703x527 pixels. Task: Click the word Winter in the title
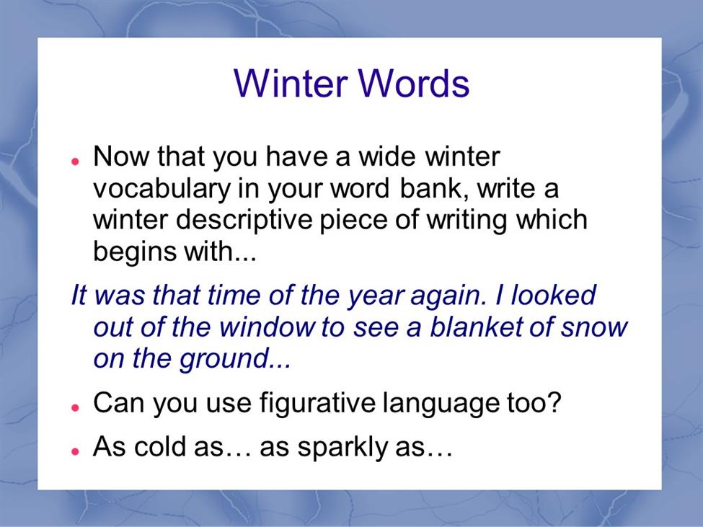pyautogui.click(x=291, y=83)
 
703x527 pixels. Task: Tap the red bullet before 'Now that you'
pyautogui.click(x=75, y=161)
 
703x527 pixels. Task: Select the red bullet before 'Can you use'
pyautogui.click(x=75, y=407)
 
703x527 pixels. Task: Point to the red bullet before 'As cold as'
pyautogui.click(x=75, y=451)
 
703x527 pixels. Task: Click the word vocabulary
pyautogui.click(x=162, y=189)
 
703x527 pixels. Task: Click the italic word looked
pyautogui.click(x=553, y=295)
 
